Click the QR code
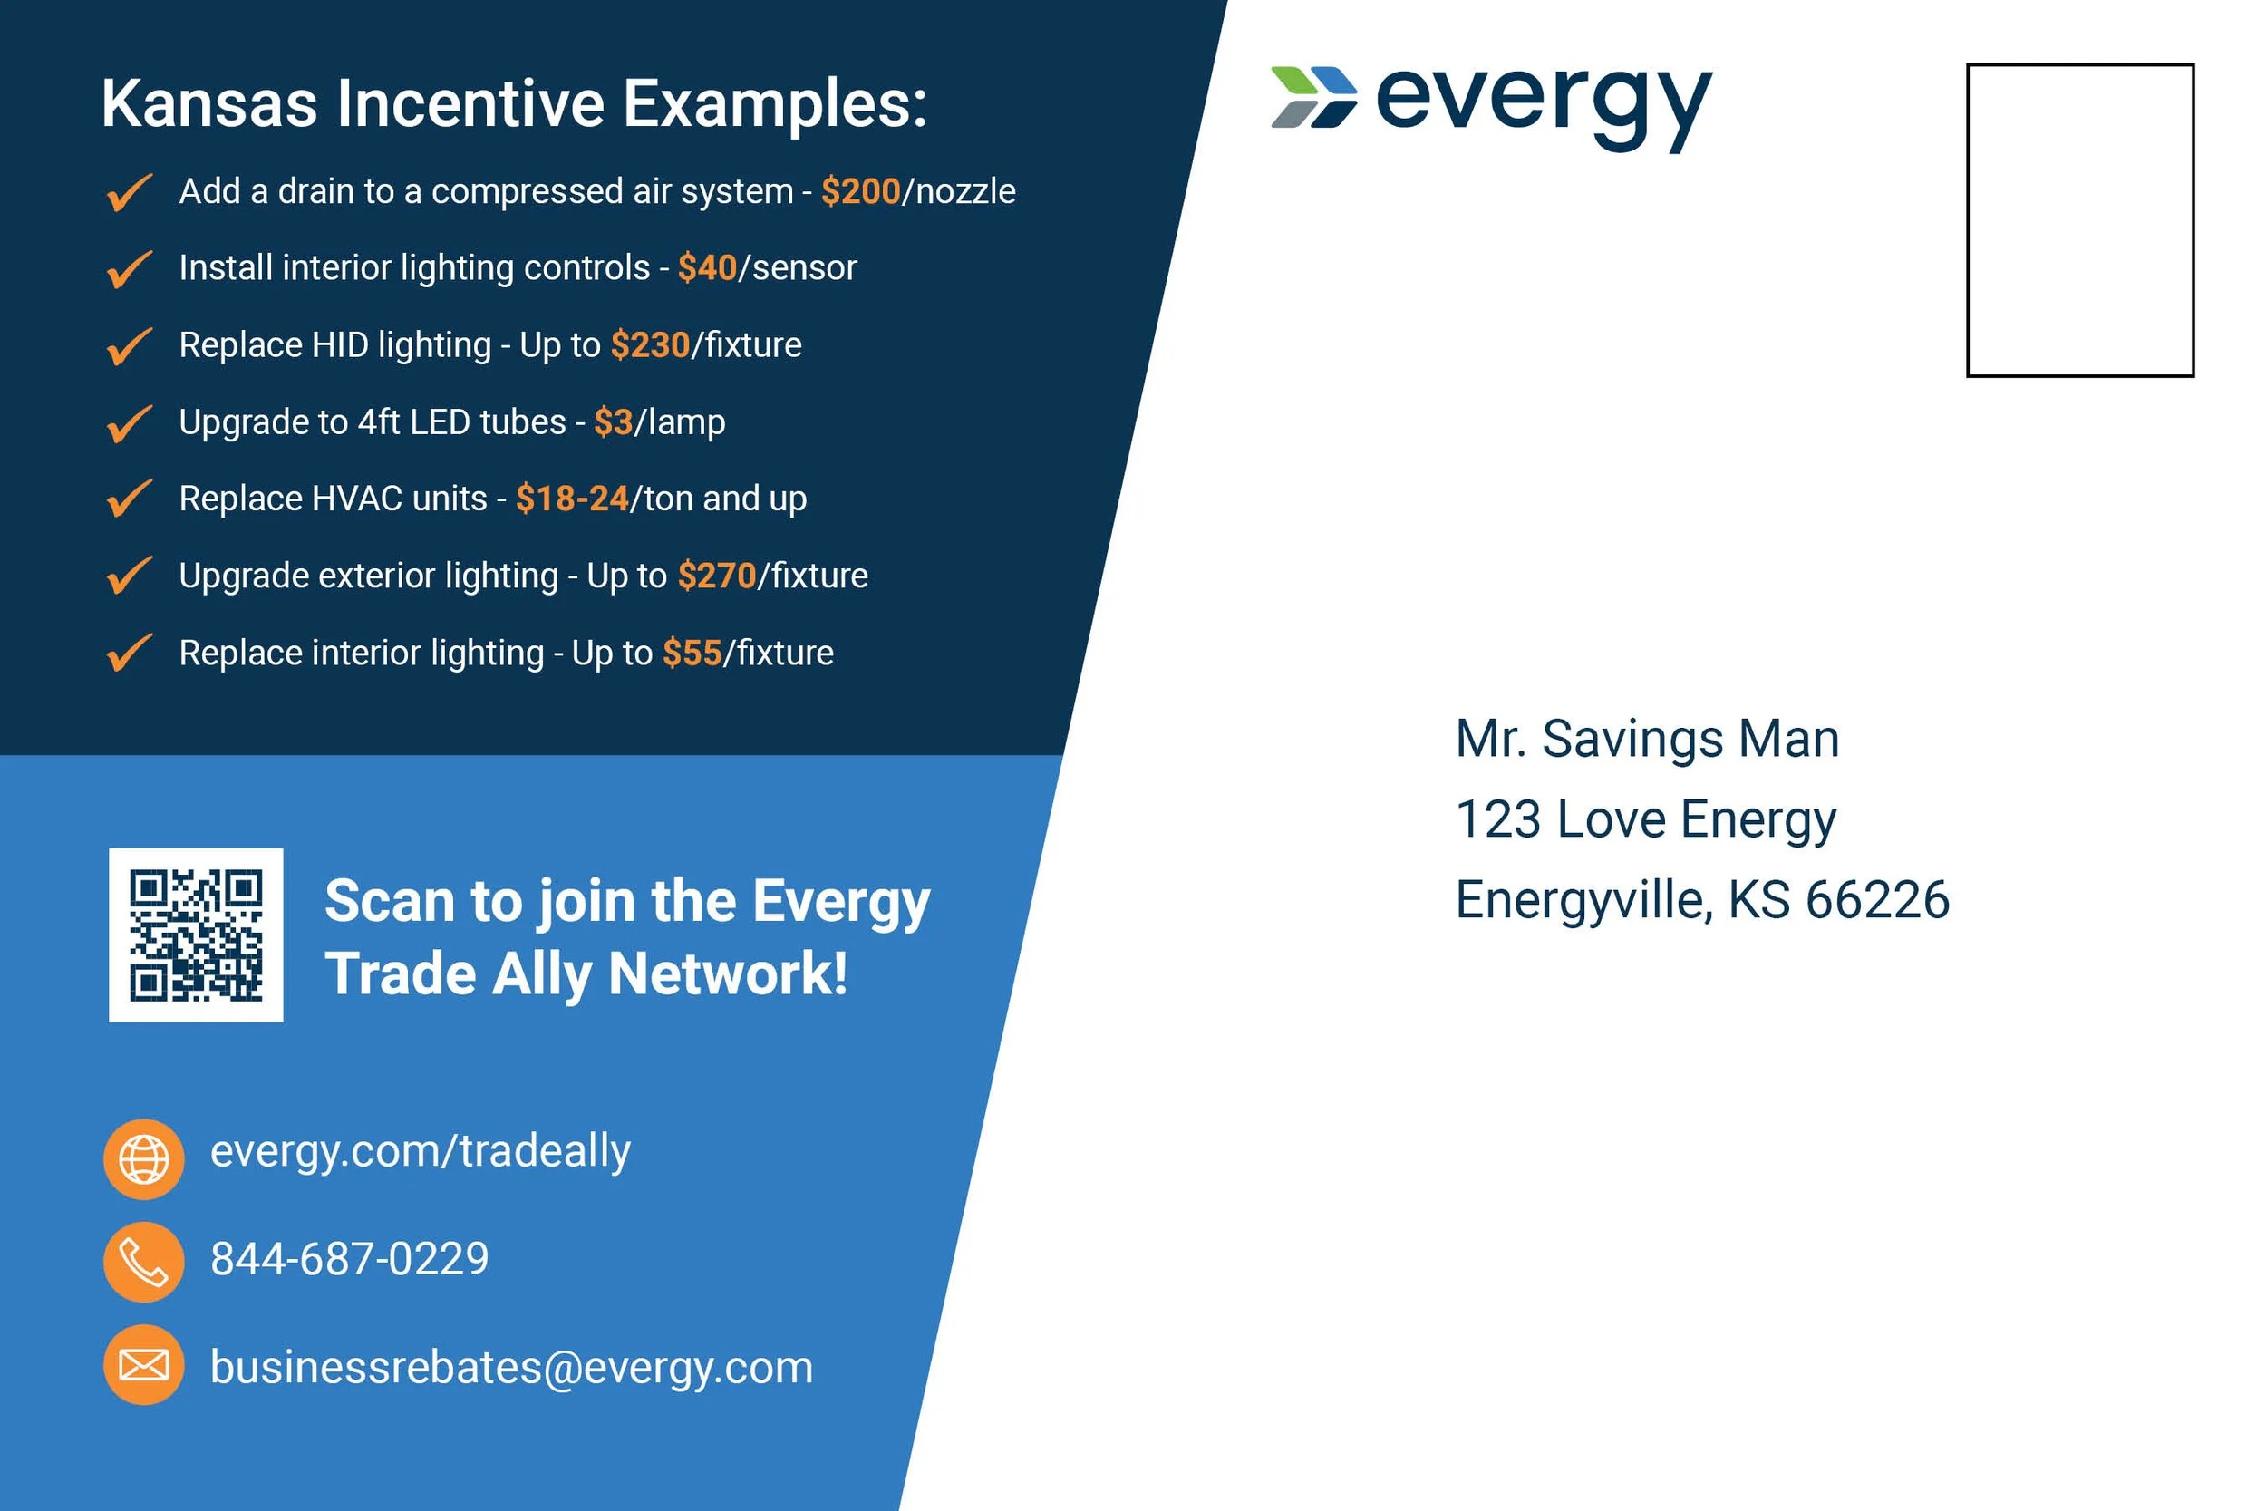pyautogui.click(x=196, y=935)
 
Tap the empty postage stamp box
pyautogui.click(x=2079, y=219)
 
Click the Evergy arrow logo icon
pyautogui.click(x=1313, y=96)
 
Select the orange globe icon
pyautogui.click(x=143, y=1158)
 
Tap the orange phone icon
pyautogui.click(x=143, y=1262)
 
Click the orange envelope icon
pyautogui.click(x=143, y=1364)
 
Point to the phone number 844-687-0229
pyautogui.click(x=350, y=1258)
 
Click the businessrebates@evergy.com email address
pyautogui.click(x=511, y=1368)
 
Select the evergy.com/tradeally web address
pyautogui.click(x=420, y=1150)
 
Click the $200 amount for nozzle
pyautogui.click(x=860, y=192)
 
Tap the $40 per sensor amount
pyautogui.click(x=707, y=268)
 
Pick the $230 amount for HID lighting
pyautogui.click(x=650, y=345)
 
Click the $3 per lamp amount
pyautogui.click(x=613, y=422)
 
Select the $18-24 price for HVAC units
pyautogui.click(x=572, y=499)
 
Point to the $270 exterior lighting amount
pyautogui.click(x=717, y=576)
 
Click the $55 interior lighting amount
pyautogui.click(x=692, y=653)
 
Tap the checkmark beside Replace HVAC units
pyautogui.click(x=129, y=499)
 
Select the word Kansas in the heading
pyautogui.click(x=209, y=103)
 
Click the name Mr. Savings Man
pyautogui.click(x=1647, y=739)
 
